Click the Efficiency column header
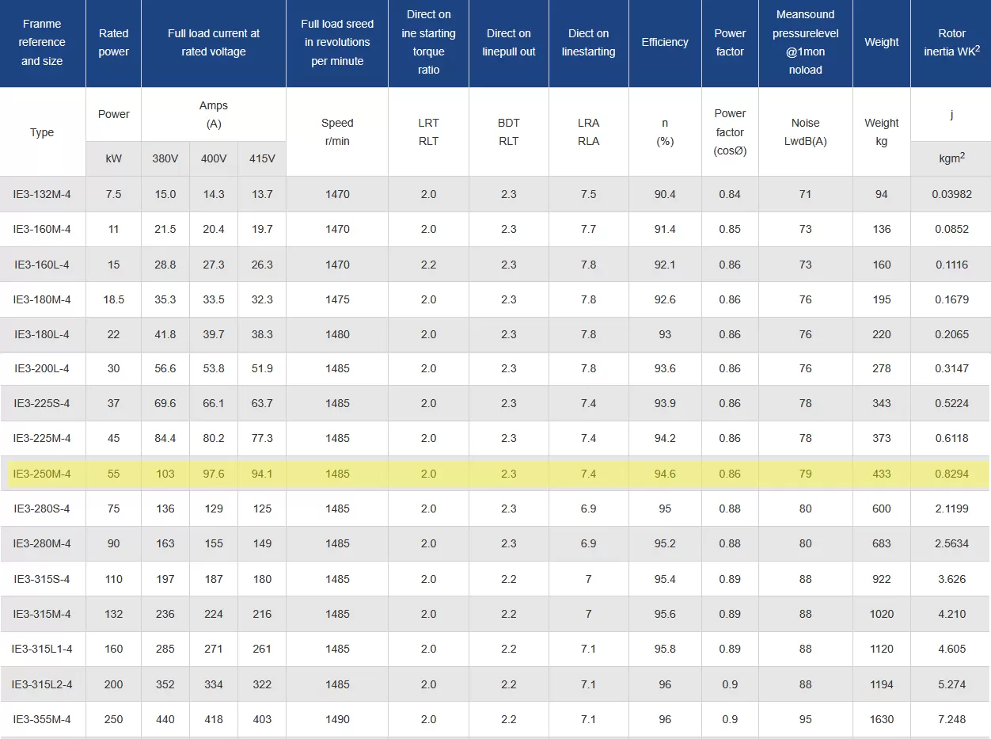click(665, 43)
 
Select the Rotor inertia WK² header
click(951, 43)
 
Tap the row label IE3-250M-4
click(42, 474)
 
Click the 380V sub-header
click(165, 158)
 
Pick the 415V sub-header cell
click(262, 158)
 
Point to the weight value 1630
click(882, 719)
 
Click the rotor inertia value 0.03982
click(951, 194)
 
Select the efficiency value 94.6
click(665, 474)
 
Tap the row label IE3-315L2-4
click(42, 684)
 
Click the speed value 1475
click(337, 299)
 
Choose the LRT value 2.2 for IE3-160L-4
click(428, 265)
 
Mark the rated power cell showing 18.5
click(114, 299)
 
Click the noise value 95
click(805, 719)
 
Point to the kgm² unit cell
click(951, 158)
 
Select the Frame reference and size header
click(42, 43)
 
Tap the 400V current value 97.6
click(214, 474)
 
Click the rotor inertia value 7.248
click(951, 719)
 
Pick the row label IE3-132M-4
click(42, 194)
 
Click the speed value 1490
click(337, 719)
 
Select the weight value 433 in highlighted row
click(882, 474)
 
